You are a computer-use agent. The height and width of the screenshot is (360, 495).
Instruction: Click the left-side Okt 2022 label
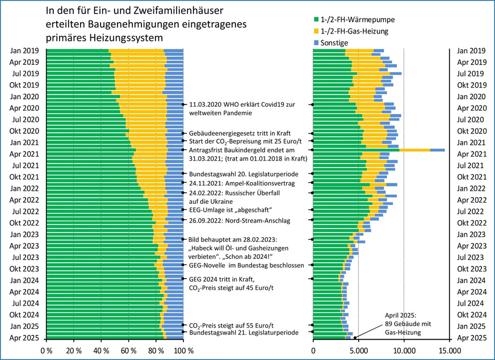(24, 223)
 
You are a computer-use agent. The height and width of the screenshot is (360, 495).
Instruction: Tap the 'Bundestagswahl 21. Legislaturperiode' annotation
(244, 333)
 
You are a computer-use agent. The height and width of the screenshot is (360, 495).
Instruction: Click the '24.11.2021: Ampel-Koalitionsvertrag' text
(243, 183)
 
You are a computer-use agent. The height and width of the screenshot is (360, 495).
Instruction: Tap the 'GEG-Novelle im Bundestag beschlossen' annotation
(247, 265)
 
